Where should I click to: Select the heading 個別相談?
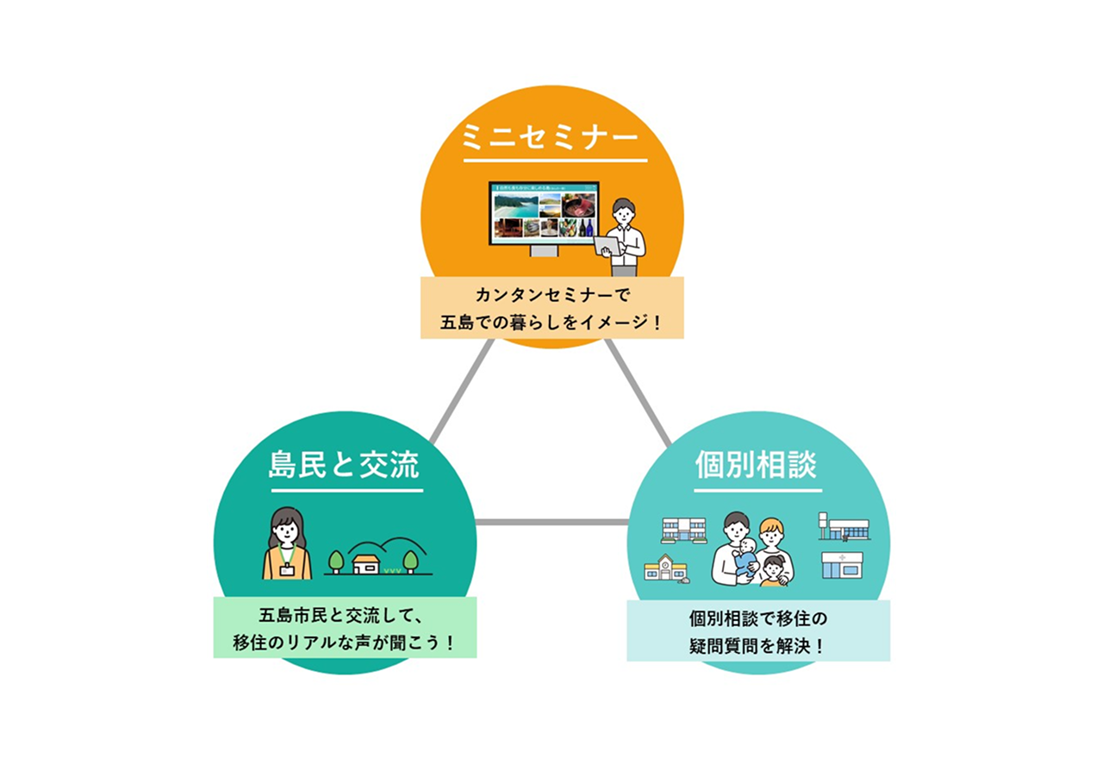(757, 466)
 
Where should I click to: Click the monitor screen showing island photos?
(543, 213)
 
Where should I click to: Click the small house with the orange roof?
(367, 562)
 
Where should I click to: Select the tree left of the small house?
(337, 561)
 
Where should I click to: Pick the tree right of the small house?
(410, 561)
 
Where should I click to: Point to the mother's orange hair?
(771, 526)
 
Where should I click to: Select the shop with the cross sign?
(842, 565)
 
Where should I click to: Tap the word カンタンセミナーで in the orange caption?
(551, 297)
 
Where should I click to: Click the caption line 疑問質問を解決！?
(757, 645)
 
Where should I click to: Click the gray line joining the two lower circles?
(551, 522)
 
